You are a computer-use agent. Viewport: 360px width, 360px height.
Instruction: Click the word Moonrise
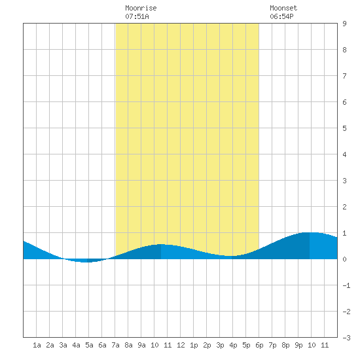point(141,8)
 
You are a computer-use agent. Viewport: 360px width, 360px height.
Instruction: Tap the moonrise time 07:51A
point(137,16)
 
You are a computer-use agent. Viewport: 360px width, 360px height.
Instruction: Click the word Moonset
point(283,8)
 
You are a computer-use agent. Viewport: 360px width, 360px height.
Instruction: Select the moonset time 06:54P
point(281,16)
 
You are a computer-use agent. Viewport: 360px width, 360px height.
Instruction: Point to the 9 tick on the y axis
point(344,24)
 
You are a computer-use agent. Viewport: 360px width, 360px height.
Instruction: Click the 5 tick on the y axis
point(344,128)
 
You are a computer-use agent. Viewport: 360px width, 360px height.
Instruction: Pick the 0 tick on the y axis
point(344,259)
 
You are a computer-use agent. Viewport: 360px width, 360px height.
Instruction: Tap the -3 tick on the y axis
point(346,338)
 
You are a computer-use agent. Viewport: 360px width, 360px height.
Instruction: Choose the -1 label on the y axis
point(346,285)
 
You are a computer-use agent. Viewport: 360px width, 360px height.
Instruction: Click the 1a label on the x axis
point(37,345)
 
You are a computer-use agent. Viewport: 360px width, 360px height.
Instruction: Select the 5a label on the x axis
point(89,345)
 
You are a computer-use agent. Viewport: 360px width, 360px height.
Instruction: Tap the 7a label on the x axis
point(115,345)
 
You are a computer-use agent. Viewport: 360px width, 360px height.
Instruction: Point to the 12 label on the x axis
point(181,345)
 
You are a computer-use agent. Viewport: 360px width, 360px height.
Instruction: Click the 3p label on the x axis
point(220,345)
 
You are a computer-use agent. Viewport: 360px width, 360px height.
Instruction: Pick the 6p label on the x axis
point(259,345)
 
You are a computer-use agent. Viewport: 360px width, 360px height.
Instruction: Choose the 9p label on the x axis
point(298,345)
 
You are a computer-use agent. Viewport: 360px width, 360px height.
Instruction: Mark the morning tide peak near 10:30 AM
point(161,244)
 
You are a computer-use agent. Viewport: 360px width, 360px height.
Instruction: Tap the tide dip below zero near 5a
point(85,262)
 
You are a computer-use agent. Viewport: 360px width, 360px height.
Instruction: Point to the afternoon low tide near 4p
point(232,256)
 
